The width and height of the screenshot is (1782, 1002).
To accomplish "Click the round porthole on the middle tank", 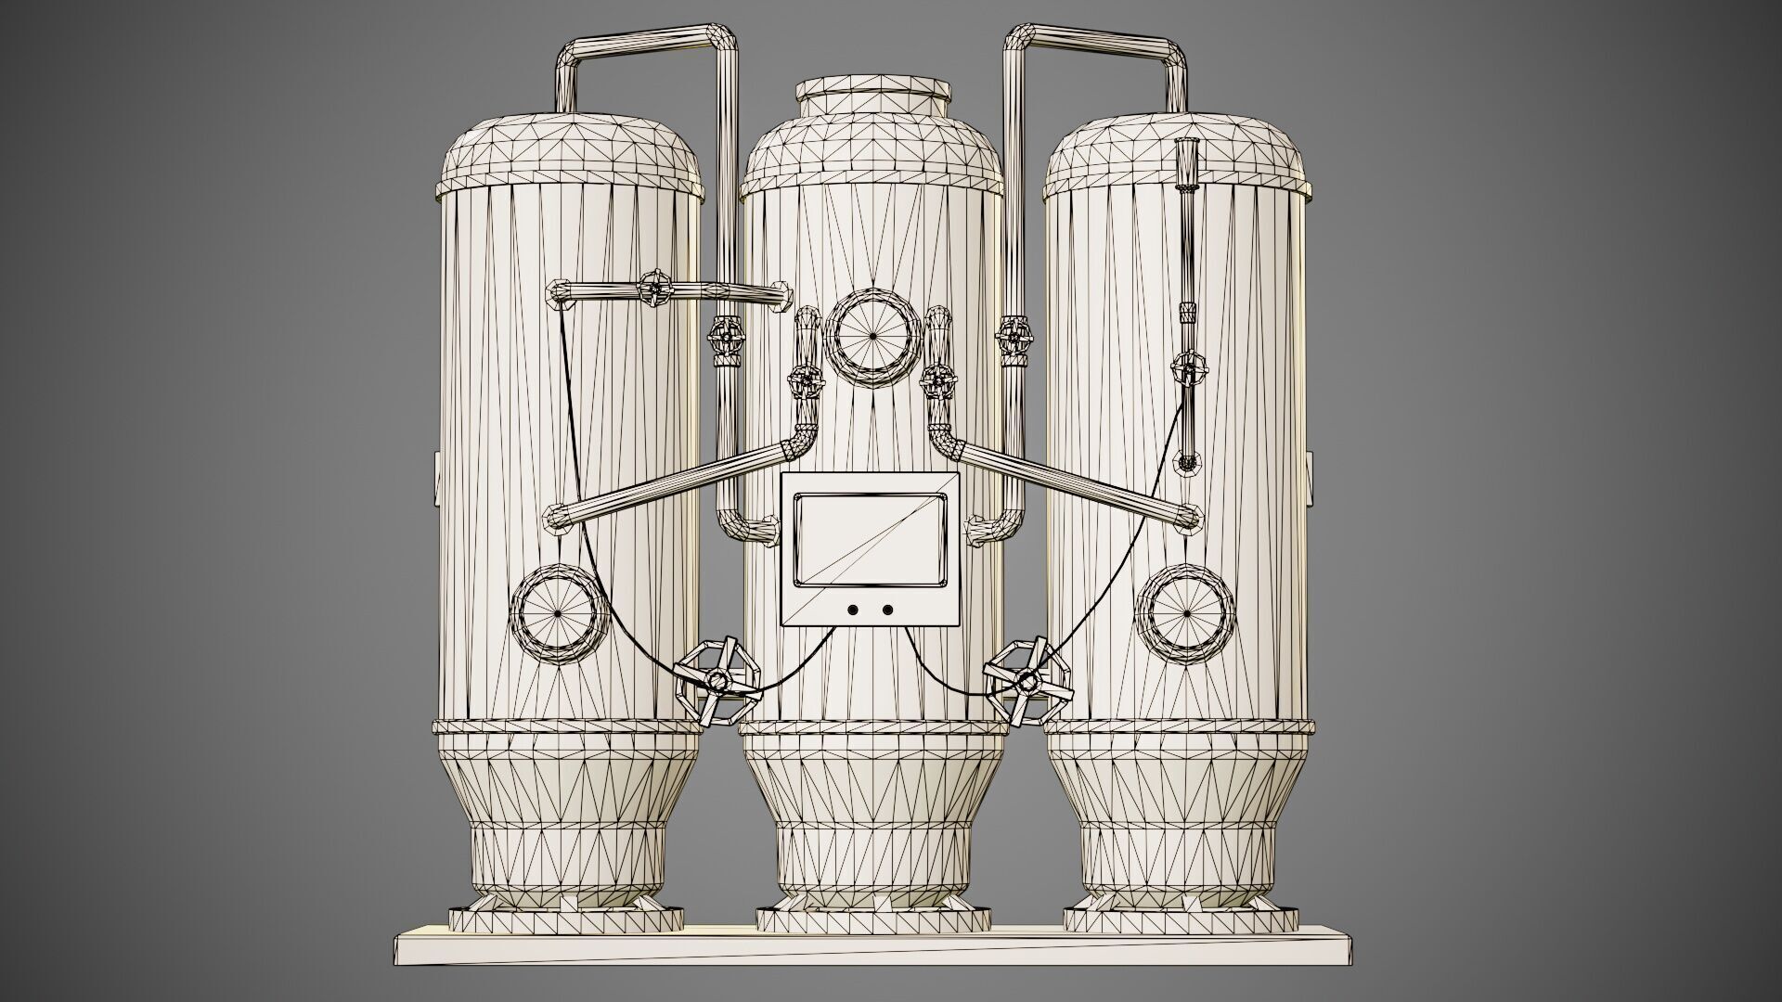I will click(872, 336).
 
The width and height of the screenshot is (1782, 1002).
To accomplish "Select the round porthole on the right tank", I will click(1187, 613).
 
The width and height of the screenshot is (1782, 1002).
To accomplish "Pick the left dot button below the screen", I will click(852, 610).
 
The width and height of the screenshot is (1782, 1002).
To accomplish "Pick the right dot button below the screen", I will click(887, 610).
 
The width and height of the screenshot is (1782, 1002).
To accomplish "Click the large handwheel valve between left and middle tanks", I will click(717, 682).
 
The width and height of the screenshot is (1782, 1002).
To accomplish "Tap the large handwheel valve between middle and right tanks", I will click(1027, 682).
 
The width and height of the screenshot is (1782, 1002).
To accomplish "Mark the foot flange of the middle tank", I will click(872, 924).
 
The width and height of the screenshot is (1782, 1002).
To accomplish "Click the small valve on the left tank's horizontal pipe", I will click(655, 289).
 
